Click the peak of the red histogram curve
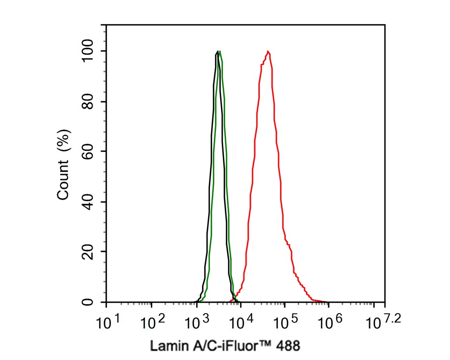click(268, 51)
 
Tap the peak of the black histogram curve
click(217, 51)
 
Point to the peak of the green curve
click(220, 51)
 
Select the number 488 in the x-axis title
click(287, 346)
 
